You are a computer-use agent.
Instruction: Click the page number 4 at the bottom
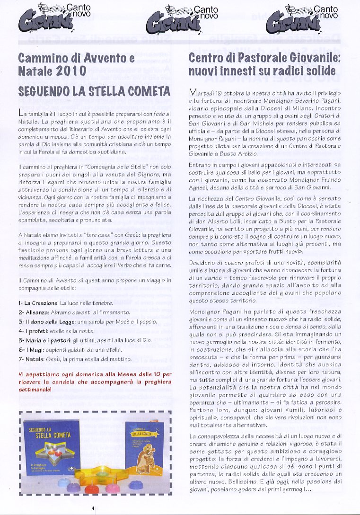(x=94, y=508)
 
